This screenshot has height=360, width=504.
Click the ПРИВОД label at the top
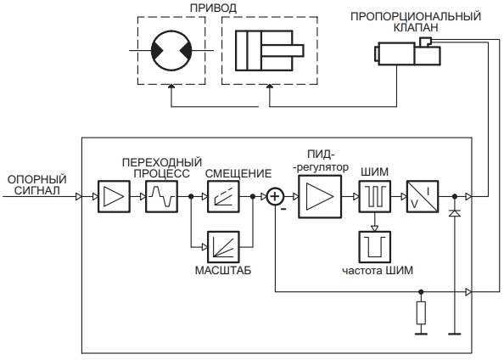(213, 8)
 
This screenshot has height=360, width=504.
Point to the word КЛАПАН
(416, 28)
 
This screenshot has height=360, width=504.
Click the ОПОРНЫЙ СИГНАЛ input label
(37, 184)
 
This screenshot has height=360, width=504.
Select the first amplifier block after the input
(114, 197)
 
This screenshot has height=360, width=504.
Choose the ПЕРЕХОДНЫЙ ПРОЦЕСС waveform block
(161, 197)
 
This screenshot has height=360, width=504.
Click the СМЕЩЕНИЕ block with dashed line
(223, 197)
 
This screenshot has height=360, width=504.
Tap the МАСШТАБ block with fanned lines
(223, 247)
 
